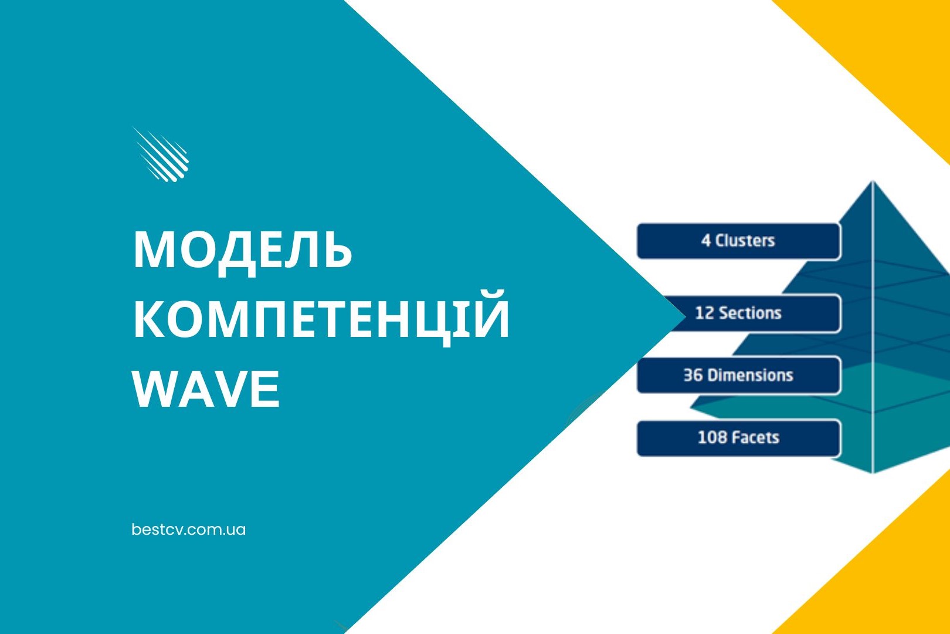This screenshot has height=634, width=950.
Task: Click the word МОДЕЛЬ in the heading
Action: [243, 251]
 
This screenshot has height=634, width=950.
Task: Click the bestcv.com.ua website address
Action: [189, 530]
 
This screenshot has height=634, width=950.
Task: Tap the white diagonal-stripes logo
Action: [161, 154]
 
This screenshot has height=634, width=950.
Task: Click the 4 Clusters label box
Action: [738, 241]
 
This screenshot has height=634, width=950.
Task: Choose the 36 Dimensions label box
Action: [738, 375]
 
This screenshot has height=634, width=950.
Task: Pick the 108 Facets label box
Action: [738, 438]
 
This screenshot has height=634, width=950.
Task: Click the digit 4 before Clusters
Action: [705, 241]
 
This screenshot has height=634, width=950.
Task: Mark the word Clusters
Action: [745, 241]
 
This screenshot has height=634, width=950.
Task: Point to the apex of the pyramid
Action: [873, 182]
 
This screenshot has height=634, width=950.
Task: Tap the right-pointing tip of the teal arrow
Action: [684, 316]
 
